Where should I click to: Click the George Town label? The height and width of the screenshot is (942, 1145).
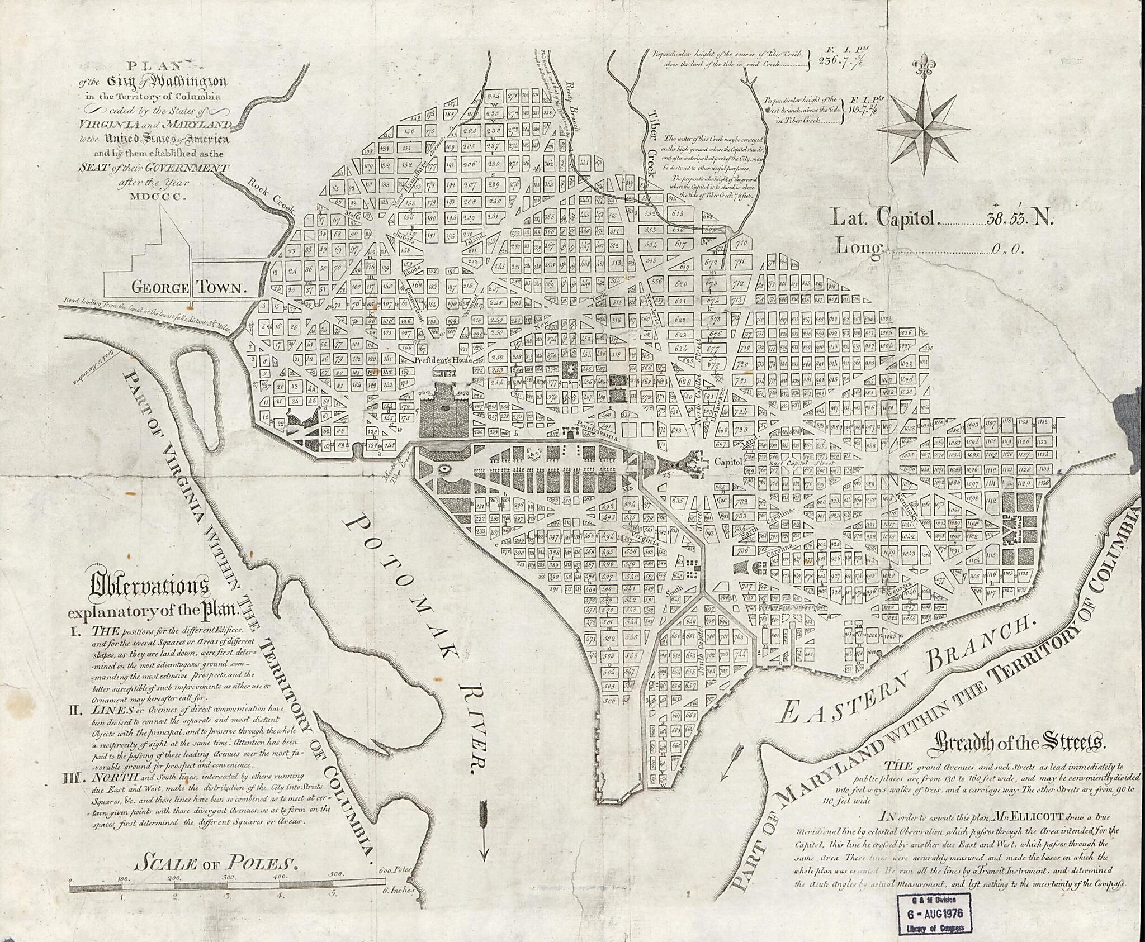189,288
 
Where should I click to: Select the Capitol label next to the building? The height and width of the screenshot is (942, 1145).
728,462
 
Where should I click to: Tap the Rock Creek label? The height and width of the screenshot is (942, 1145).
271,196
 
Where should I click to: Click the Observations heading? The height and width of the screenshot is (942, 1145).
150,587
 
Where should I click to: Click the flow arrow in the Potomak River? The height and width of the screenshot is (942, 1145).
484,830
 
